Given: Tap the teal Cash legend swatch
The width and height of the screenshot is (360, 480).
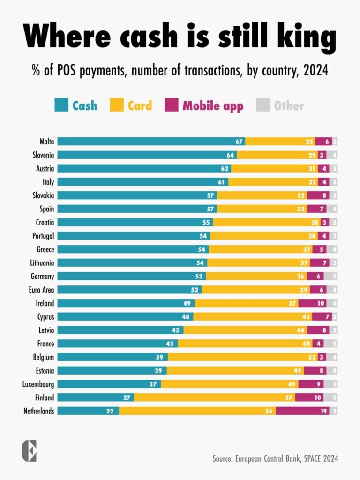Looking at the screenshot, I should (x=61, y=105).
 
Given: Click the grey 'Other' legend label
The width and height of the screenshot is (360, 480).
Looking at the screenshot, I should (x=289, y=105).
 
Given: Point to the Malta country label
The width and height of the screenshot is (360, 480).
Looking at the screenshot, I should (x=47, y=142).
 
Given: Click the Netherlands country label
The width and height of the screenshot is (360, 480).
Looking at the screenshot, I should (x=39, y=411).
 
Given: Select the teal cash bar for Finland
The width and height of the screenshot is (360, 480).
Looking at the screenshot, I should (x=96, y=397).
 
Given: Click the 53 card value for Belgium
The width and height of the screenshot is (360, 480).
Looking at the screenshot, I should (x=312, y=357).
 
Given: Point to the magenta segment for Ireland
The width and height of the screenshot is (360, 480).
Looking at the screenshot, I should (x=312, y=303).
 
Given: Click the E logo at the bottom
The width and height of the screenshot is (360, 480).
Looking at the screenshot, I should (x=29, y=451).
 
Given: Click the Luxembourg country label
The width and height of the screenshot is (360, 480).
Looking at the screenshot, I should (x=38, y=384).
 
